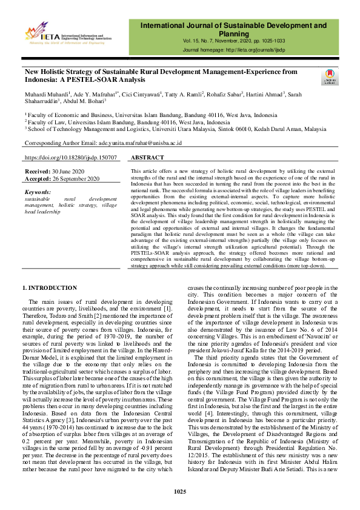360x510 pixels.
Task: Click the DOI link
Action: [x=71, y=158]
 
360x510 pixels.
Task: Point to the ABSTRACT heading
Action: [x=147, y=158]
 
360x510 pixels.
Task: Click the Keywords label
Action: [x=39, y=192]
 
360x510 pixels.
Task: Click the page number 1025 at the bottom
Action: [x=179, y=491]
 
